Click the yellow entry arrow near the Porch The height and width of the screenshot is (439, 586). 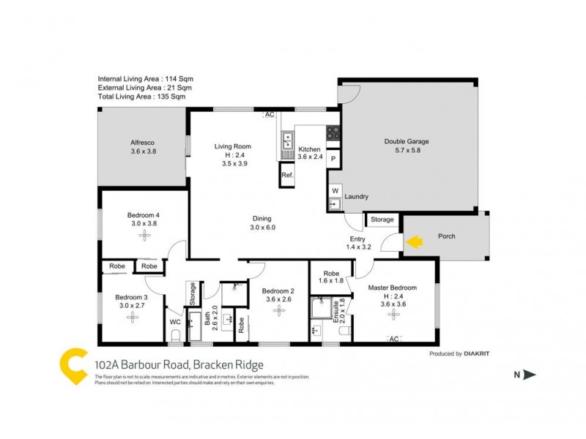(x=414, y=241)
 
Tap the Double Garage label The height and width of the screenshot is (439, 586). (x=407, y=142)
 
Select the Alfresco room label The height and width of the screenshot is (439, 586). (x=143, y=142)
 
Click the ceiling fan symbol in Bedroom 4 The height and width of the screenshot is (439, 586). (x=144, y=235)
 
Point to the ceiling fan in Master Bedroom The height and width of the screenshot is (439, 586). (x=394, y=314)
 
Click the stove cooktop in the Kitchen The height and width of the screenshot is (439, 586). (x=333, y=133)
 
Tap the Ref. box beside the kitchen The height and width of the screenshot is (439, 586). (x=286, y=176)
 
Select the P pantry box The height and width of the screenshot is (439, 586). (x=333, y=159)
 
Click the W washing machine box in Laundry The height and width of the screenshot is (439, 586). (x=335, y=191)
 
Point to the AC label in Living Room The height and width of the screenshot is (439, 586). (x=269, y=116)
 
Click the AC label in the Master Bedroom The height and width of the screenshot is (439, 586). (x=393, y=338)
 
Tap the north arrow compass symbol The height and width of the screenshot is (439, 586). (x=526, y=375)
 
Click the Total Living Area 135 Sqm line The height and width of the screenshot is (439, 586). (x=141, y=96)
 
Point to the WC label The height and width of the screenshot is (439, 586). (x=175, y=321)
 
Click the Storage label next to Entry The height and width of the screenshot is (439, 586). (x=382, y=219)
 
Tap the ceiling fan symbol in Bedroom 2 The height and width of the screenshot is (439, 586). (x=278, y=310)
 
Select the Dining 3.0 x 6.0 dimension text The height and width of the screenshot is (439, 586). (x=262, y=228)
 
